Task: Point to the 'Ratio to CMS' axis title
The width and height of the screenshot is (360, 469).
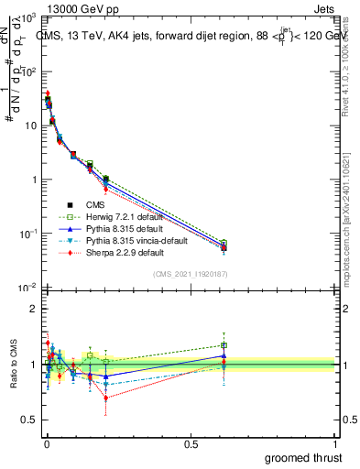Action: (x=12, y=365)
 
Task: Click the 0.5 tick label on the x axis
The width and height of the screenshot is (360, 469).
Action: (x=191, y=444)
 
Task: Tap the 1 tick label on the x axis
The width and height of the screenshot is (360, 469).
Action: (x=335, y=444)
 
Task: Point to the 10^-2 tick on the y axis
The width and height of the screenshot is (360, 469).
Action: (x=27, y=288)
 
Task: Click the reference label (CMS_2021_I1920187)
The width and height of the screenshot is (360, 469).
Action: (x=190, y=274)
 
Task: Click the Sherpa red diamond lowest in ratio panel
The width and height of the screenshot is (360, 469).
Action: (x=106, y=398)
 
